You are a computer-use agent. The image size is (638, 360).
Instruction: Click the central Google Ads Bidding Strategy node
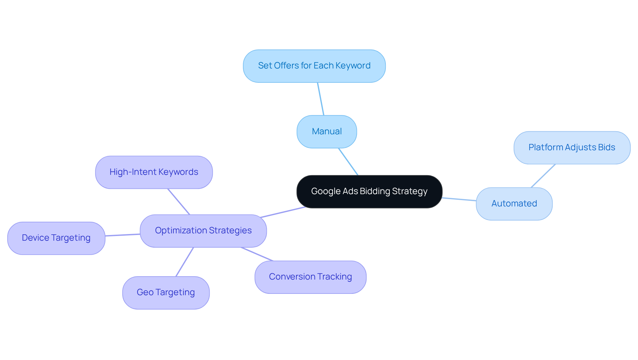tap(369, 192)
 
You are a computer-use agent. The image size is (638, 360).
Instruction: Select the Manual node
tap(327, 132)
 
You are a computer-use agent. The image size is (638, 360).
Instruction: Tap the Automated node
tap(514, 204)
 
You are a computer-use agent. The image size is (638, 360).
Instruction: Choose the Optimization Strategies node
tap(203, 231)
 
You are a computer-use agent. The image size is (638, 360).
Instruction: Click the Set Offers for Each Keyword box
tap(314, 66)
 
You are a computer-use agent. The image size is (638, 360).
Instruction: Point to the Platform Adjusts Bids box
tap(572, 148)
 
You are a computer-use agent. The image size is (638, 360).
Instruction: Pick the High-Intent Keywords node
tap(154, 172)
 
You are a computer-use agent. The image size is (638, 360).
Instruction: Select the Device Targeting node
tap(56, 238)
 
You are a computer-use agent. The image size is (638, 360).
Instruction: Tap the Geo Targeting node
tap(166, 293)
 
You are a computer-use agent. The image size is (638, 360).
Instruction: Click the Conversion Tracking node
tap(310, 277)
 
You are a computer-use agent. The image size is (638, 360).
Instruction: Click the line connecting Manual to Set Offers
tap(321, 99)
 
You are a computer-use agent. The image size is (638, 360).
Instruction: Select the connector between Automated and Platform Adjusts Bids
tap(543, 176)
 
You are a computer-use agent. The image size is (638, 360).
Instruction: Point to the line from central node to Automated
tap(459, 199)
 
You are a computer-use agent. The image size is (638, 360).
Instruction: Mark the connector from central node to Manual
tap(348, 162)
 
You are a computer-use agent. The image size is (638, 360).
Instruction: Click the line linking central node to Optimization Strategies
tap(283, 212)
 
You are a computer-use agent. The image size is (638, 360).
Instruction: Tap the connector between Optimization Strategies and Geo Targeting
tap(185, 262)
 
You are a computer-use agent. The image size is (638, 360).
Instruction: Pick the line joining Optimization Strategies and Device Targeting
tap(123, 235)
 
